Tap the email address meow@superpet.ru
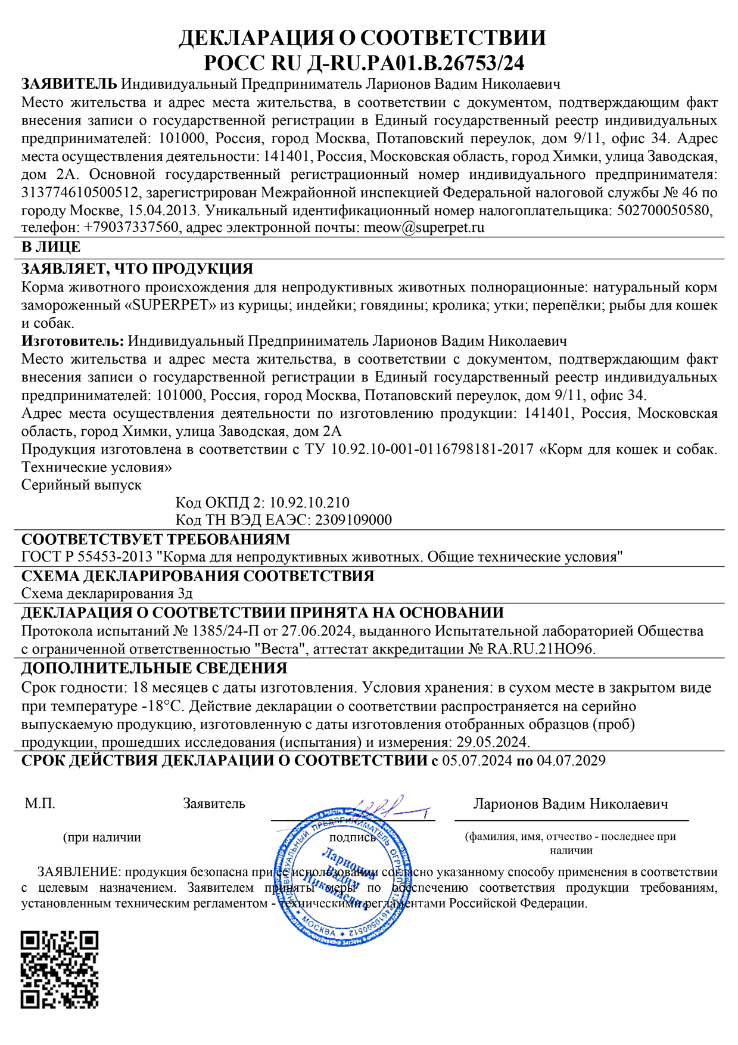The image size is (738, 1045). tap(424, 228)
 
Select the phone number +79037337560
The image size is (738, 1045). tap(131, 228)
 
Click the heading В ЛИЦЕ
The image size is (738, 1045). tap(51, 247)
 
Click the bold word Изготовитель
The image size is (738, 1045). tap(73, 342)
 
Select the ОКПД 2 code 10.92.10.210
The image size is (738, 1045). tap(309, 503)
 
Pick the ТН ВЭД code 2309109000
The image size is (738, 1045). tap(353, 520)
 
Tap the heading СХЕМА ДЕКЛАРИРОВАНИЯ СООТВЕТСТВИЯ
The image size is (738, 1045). tap(198, 576)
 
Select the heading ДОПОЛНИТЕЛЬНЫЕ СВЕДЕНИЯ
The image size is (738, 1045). tap(154, 668)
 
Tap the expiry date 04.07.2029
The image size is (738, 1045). tap(571, 761)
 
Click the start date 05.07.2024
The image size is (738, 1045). tap(477, 761)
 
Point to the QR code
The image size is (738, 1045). tap(60, 969)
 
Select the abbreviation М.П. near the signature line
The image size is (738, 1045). tap(40, 804)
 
